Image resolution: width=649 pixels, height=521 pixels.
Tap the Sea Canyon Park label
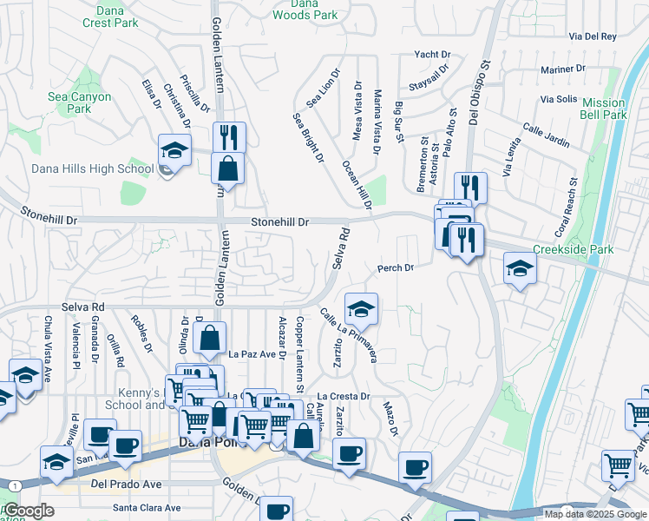click(79, 102)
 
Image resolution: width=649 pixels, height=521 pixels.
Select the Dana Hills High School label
click(79, 168)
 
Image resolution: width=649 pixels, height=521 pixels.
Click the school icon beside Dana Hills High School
click(174, 151)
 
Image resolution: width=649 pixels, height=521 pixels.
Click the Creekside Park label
click(586, 249)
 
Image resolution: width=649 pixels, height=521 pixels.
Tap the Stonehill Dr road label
click(279, 222)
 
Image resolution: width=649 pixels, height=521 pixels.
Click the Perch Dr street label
click(395, 267)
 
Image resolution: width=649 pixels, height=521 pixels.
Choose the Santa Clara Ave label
click(147, 508)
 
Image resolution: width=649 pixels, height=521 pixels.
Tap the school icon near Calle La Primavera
click(361, 307)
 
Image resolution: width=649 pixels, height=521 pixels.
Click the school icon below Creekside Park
click(520, 268)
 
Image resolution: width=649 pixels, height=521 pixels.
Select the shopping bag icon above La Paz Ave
click(210, 338)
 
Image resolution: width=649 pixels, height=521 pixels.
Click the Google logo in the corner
click(28, 511)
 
